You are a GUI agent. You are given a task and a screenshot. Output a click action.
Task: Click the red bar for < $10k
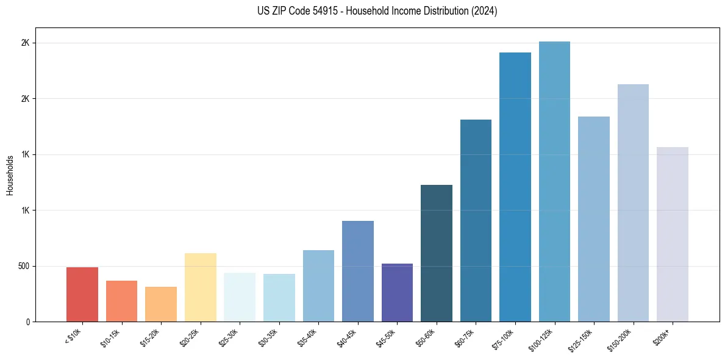pos(82,294)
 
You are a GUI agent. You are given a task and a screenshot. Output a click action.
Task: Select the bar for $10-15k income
pos(121,301)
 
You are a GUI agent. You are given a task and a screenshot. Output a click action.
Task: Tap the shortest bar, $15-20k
pos(161,304)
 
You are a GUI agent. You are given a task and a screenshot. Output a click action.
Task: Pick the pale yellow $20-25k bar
pos(201,287)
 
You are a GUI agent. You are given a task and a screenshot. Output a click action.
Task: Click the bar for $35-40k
pos(318,286)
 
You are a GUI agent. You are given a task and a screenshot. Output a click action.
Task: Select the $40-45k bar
pos(358,271)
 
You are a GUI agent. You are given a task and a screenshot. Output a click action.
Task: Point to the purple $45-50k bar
pos(397,292)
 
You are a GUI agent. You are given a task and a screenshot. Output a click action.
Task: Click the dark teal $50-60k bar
pos(437,253)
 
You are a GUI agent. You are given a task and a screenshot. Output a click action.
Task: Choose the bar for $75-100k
pos(515,187)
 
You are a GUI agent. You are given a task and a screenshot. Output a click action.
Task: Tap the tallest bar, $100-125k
pos(554,181)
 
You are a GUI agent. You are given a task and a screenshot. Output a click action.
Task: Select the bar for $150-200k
pos(633,203)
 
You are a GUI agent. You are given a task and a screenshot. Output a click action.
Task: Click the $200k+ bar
pos(673,234)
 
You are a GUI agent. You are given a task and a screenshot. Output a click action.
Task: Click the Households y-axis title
pos(10,175)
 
